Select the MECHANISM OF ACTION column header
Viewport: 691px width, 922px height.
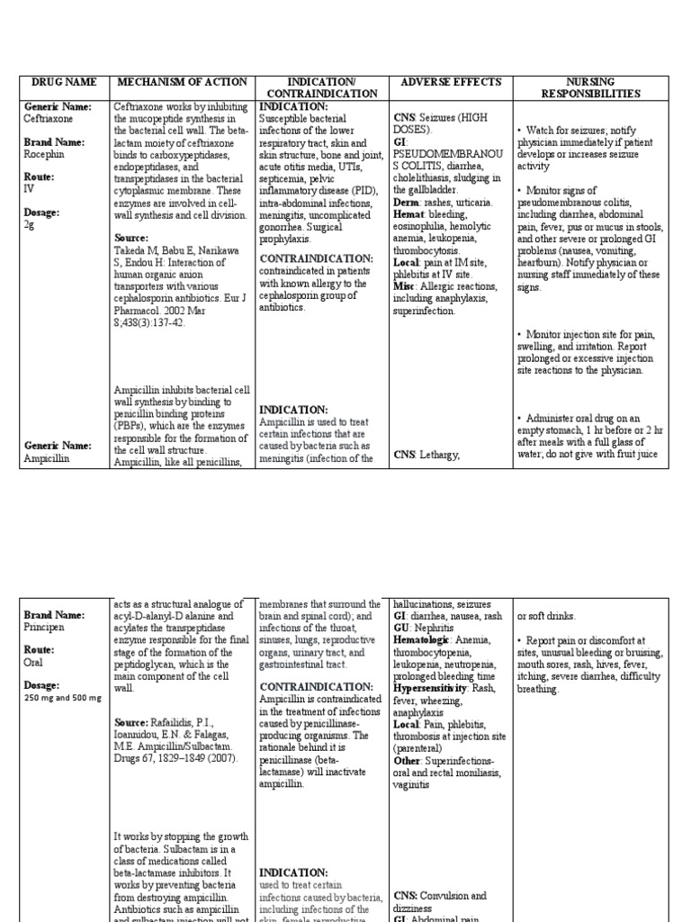[183, 82]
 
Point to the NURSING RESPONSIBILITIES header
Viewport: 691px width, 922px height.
[590, 87]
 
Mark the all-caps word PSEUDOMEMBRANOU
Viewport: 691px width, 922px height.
[445, 154]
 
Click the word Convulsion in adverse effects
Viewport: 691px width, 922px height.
[441, 896]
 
